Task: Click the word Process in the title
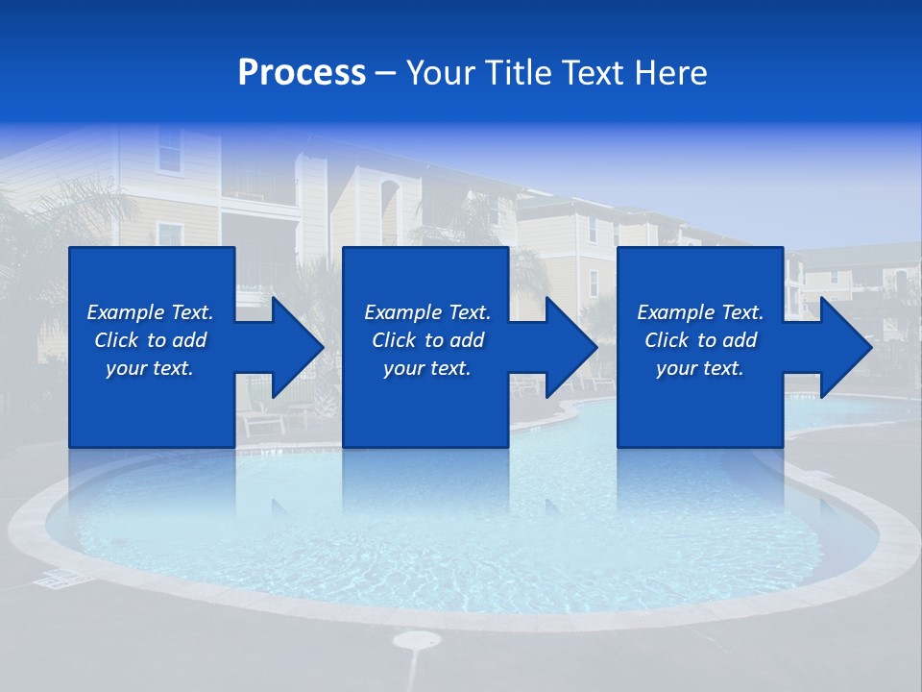pyautogui.click(x=302, y=73)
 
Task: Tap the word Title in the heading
pyautogui.click(x=522, y=73)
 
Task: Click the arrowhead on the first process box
pyautogui.click(x=298, y=347)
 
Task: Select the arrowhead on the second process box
pyautogui.click(x=571, y=347)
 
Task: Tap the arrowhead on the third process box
pyautogui.click(x=846, y=347)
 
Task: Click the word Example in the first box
pyautogui.click(x=126, y=312)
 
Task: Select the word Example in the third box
pyautogui.click(x=676, y=312)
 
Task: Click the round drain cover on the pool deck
pyautogui.click(x=417, y=639)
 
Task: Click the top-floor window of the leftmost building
pyautogui.click(x=170, y=150)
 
